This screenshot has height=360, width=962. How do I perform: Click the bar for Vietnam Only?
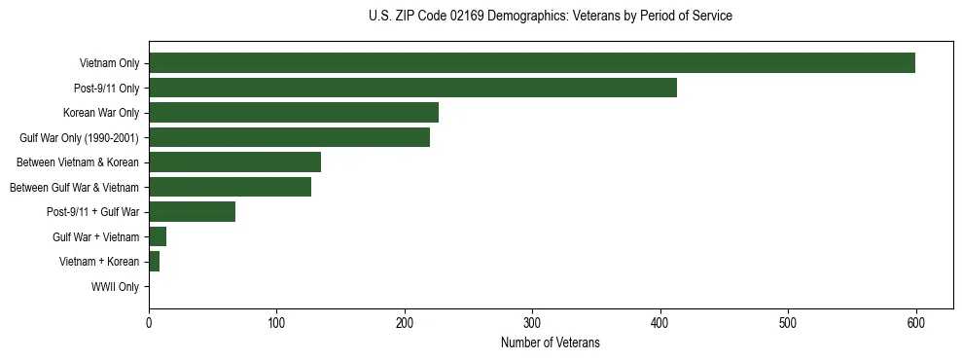click(x=531, y=63)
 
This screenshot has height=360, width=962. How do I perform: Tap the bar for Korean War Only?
click(x=293, y=113)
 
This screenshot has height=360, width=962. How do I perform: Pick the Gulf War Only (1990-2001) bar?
click(x=289, y=137)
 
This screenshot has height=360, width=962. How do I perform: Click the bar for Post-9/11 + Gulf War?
click(x=192, y=212)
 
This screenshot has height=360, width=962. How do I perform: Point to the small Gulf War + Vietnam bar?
click(x=158, y=236)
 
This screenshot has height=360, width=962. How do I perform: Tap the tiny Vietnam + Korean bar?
click(x=154, y=262)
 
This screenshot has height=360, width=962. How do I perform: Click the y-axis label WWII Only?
click(x=115, y=287)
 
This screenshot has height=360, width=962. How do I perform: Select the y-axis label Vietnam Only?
click(x=109, y=64)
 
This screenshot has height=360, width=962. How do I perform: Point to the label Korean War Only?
click(x=101, y=113)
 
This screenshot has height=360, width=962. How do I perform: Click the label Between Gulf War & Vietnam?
click(x=74, y=188)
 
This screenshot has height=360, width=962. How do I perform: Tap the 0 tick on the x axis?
click(x=149, y=323)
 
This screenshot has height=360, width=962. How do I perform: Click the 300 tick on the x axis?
click(x=532, y=323)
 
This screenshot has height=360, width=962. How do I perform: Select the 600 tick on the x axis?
click(x=915, y=323)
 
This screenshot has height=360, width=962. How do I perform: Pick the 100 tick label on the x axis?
click(x=276, y=323)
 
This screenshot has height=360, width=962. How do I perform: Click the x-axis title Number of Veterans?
click(x=550, y=343)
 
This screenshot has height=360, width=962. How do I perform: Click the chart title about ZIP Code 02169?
click(x=551, y=17)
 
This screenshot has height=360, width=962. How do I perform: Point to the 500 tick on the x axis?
click(x=788, y=323)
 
